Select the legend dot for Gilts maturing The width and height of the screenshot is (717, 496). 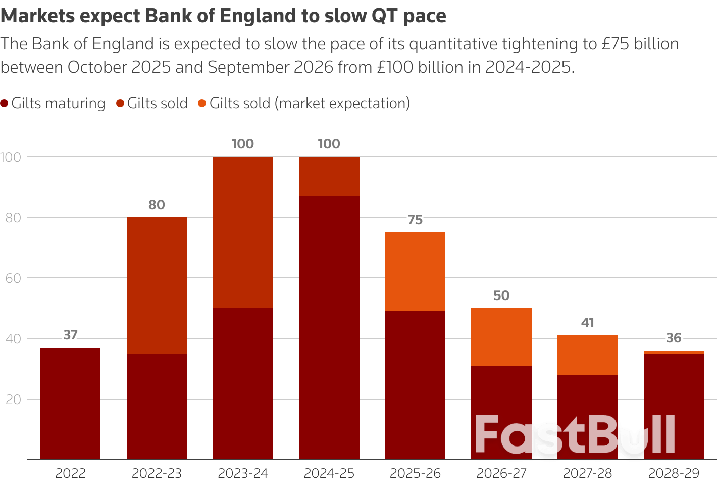tap(5, 104)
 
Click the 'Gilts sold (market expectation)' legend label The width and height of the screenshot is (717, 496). tap(310, 104)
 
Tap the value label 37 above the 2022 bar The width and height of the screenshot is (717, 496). tap(71, 335)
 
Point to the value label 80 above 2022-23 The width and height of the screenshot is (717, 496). tap(157, 205)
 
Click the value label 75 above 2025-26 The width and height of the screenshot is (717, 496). tap(415, 220)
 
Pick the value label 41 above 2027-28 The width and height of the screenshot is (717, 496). tap(587, 323)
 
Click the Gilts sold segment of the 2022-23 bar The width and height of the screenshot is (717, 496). tap(157, 285)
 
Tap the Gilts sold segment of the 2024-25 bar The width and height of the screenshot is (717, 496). tap(329, 176)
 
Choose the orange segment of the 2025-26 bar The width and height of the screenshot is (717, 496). tap(415, 271)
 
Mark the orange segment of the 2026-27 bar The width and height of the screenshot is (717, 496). tap(501, 336)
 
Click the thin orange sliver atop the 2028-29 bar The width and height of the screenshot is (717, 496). tap(674, 352)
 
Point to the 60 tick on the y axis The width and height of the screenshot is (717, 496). tap(11, 278)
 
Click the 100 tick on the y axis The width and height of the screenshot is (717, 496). tap(11, 157)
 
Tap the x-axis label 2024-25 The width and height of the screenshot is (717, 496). tap(329, 474)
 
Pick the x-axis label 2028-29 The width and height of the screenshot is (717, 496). tap(674, 474)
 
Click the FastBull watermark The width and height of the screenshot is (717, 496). tap(575, 434)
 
